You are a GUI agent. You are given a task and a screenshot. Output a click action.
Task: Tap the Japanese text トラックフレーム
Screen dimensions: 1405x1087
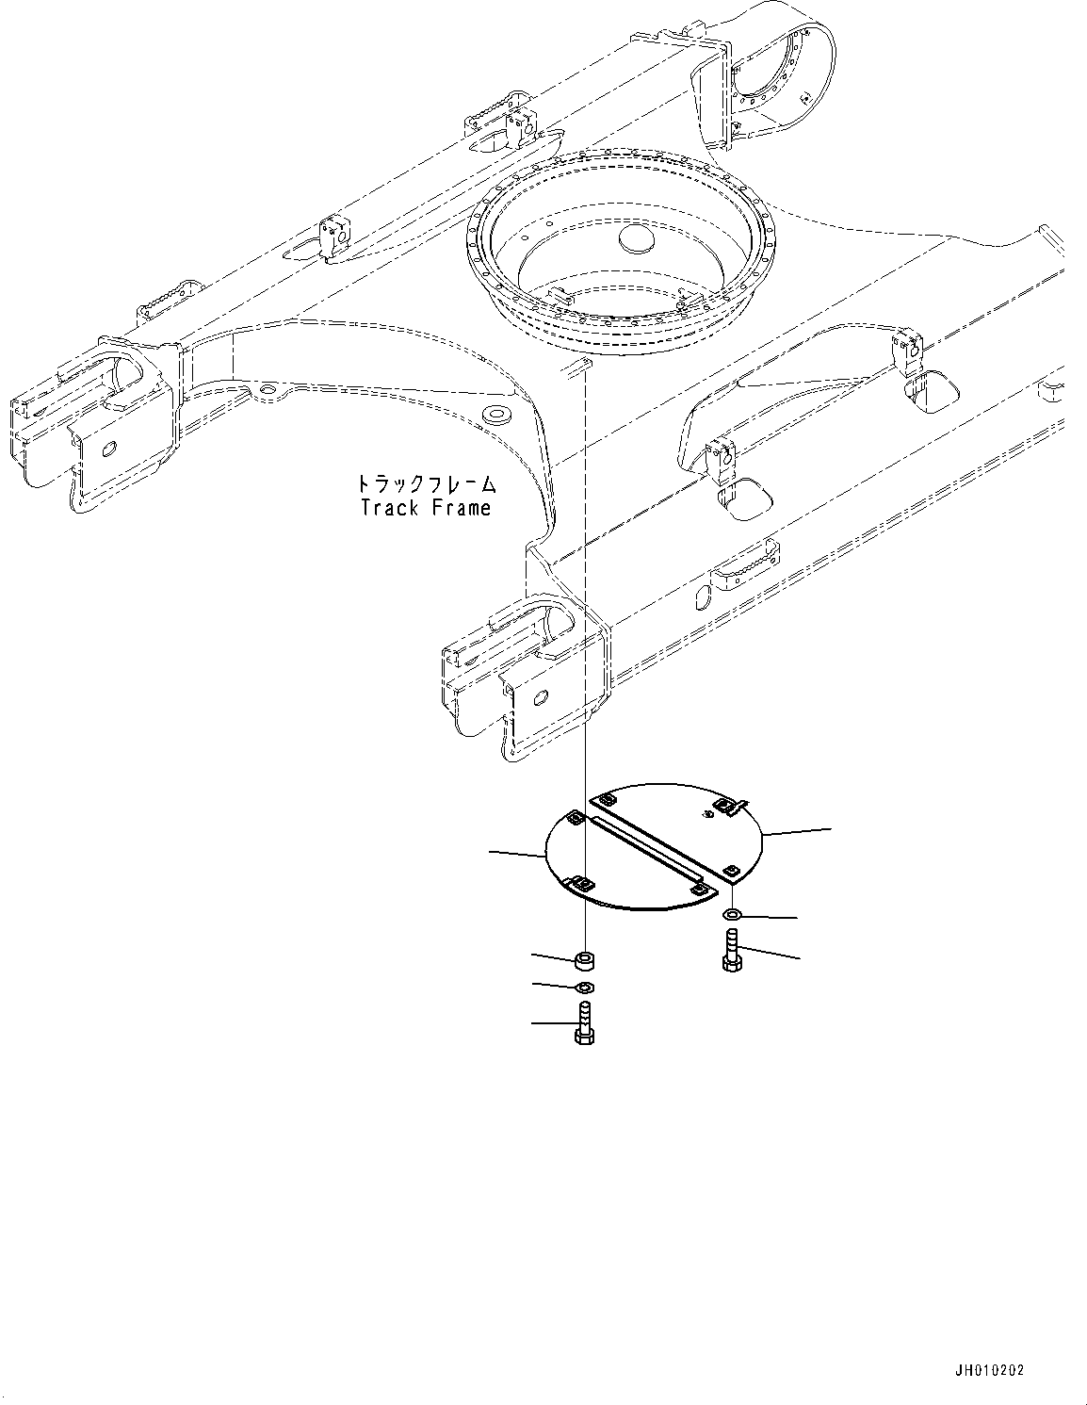(x=426, y=485)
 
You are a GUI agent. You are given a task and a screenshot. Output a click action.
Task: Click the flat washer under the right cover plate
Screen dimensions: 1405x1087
(x=732, y=915)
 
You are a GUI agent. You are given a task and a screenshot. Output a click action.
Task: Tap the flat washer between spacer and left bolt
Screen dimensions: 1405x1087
(x=584, y=987)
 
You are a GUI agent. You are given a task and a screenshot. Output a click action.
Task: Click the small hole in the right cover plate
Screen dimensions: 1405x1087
(x=705, y=813)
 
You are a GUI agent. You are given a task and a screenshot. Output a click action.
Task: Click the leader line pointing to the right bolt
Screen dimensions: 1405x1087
(x=799, y=959)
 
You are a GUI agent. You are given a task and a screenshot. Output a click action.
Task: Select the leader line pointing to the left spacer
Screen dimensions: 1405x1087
(x=534, y=956)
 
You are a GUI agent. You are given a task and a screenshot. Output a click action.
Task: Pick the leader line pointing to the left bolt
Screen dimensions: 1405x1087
(x=534, y=1021)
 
